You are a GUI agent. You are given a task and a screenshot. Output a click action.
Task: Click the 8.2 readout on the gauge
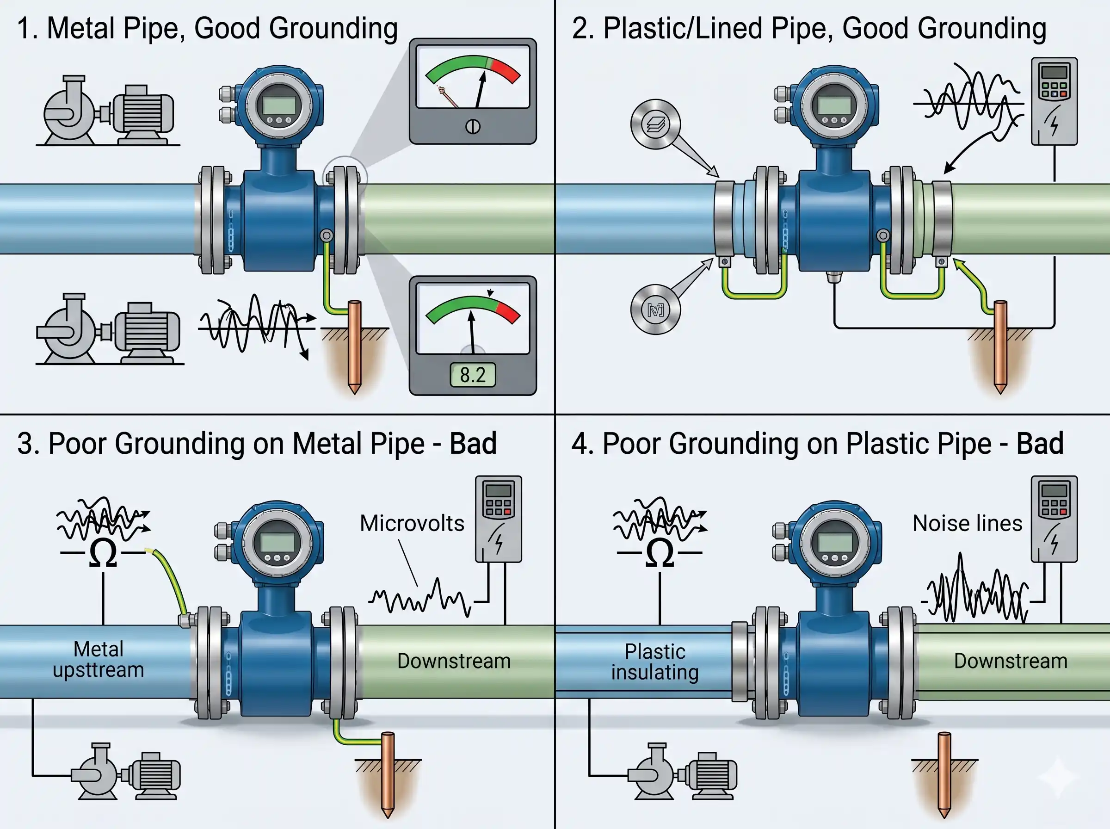click(x=473, y=375)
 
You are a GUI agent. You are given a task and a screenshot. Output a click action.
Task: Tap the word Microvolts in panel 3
click(x=412, y=523)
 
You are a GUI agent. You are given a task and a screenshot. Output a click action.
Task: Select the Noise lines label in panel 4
click(x=967, y=523)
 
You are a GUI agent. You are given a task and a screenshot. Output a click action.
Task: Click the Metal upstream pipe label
click(x=99, y=659)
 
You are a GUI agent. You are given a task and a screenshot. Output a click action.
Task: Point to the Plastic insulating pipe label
click(x=654, y=662)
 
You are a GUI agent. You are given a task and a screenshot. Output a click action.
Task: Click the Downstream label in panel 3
click(x=454, y=661)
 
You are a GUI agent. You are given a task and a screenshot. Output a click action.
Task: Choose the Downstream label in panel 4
click(x=1011, y=661)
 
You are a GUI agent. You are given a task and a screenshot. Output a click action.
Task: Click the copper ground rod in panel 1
click(x=355, y=346)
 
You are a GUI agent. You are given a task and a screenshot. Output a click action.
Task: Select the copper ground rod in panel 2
click(x=1000, y=346)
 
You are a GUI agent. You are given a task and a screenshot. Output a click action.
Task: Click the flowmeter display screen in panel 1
click(x=279, y=105)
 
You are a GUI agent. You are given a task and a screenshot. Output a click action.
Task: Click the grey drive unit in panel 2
click(x=1054, y=101)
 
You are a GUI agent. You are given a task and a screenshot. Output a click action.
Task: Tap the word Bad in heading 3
click(x=473, y=443)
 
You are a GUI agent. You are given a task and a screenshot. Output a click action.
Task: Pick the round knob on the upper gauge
click(x=473, y=126)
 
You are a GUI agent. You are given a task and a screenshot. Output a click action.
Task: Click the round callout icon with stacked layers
click(x=655, y=124)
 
